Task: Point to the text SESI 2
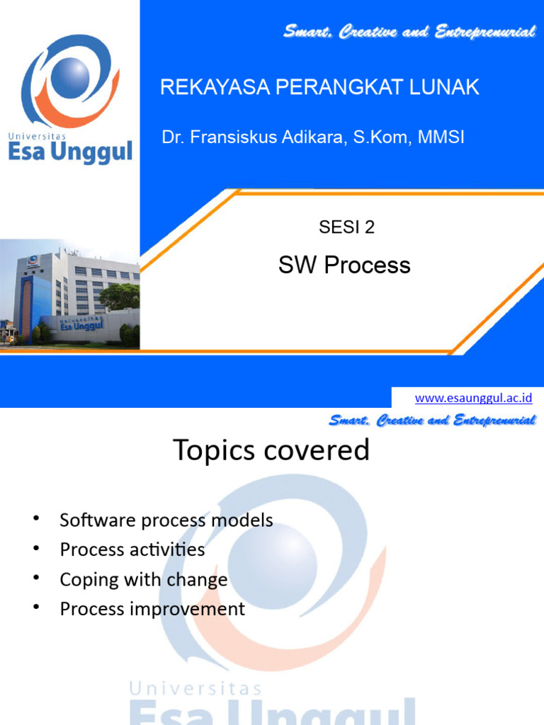[346, 227]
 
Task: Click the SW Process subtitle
[344, 266]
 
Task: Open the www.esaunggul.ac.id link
[474, 398]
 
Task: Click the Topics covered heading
[272, 450]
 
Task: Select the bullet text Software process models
[166, 520]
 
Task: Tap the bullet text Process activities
[132, 550]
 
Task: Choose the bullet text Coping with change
[144, 580]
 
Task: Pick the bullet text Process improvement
[152, 609]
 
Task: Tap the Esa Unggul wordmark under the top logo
[70, 152]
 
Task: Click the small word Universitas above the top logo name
[37, 134]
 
